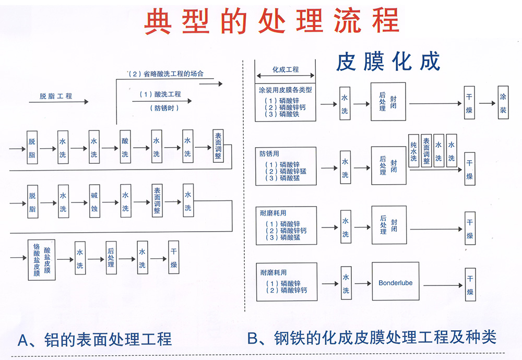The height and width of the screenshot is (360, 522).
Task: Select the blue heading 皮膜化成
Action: click(387, 61)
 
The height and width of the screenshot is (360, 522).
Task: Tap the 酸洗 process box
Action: click(125, 147)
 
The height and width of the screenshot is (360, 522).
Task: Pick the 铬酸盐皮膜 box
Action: click(41, 259)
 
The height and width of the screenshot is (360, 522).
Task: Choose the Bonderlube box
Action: click(395, 282)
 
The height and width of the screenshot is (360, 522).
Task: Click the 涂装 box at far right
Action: click(503, 103)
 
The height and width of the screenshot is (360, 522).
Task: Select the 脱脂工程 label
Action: click(56, 96)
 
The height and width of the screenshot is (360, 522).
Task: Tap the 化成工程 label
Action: click(286, 69)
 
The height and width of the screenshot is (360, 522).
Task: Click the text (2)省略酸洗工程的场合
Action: click(167, 74)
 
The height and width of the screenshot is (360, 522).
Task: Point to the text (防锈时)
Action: click(167, 108)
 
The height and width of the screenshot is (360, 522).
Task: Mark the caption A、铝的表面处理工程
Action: click(94, 340)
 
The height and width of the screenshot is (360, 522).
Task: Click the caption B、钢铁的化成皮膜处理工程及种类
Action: click(372, 338)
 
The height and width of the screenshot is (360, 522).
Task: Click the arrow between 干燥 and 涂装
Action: click(487, 103)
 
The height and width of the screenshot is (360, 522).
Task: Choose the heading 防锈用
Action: click(269, 154)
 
